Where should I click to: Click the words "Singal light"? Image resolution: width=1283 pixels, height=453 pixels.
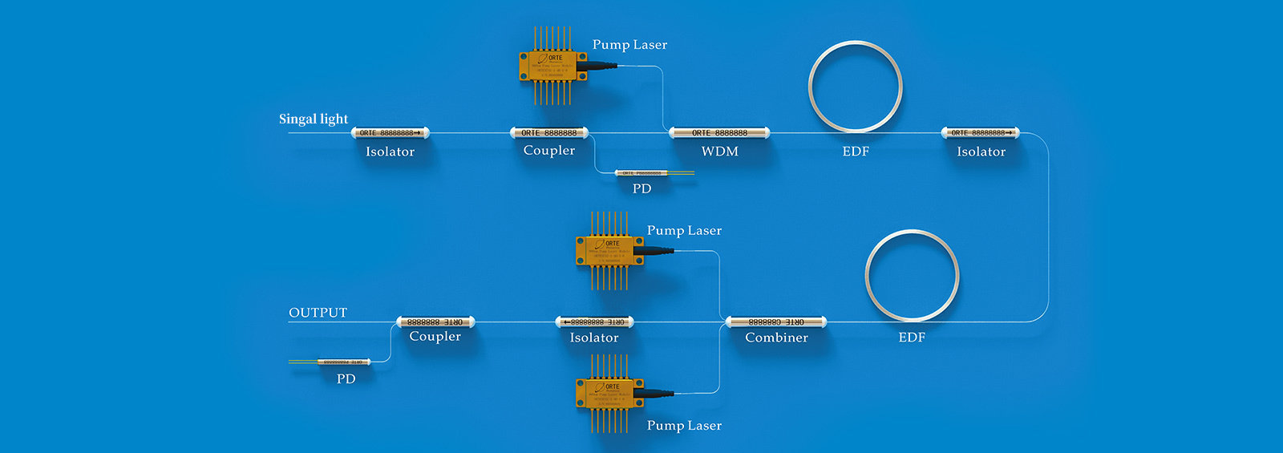pos(314,119)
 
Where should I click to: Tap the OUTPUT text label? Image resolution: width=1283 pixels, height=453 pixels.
pos(318,313)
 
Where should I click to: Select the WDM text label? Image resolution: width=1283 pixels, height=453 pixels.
pos(719,152)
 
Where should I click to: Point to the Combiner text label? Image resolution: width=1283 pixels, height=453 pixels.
pos(776,338)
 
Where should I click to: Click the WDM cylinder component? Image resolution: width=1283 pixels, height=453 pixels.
pos(719,133)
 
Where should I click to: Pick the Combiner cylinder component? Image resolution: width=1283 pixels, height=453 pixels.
pos(775,322)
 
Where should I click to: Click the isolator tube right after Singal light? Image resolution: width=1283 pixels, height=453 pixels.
pos(390,133)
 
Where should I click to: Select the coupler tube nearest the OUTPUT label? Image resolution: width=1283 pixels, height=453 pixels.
pos(435,322)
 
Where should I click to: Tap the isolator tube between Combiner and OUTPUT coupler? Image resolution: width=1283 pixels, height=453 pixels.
pos(594,322)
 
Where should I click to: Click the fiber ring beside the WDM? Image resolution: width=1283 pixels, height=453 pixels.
pos(855,87)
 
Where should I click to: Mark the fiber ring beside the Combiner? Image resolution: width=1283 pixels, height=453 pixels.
pos(912,275)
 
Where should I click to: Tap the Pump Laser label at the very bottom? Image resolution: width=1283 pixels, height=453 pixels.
pos(684,426)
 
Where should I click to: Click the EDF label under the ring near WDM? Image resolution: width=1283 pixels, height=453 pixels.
pos(856,152)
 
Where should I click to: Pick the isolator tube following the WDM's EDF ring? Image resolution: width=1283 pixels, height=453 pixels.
pos(980,133)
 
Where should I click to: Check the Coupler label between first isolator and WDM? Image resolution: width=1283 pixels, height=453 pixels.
pos(549,151)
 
